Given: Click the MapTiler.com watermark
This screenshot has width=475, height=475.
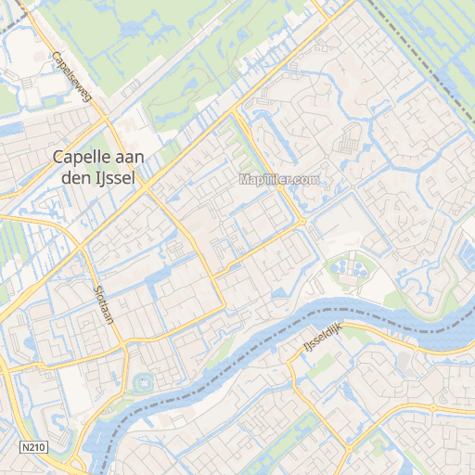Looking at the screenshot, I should [279, 179].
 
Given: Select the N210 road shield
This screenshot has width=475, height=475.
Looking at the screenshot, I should [33, 447].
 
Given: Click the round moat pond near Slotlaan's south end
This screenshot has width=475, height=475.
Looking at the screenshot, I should [142, 381].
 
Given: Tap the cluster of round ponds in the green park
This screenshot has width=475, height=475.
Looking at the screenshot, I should [352, 269].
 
